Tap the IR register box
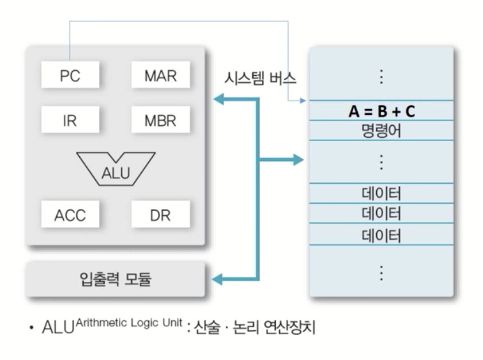69,122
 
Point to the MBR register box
160,122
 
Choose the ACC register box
69,215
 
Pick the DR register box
160,215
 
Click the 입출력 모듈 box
115,280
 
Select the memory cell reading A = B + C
381,111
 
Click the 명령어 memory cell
381,130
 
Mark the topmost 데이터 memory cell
381,193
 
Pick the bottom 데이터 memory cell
381,235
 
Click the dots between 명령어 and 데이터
381,162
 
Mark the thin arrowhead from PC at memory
303,101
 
